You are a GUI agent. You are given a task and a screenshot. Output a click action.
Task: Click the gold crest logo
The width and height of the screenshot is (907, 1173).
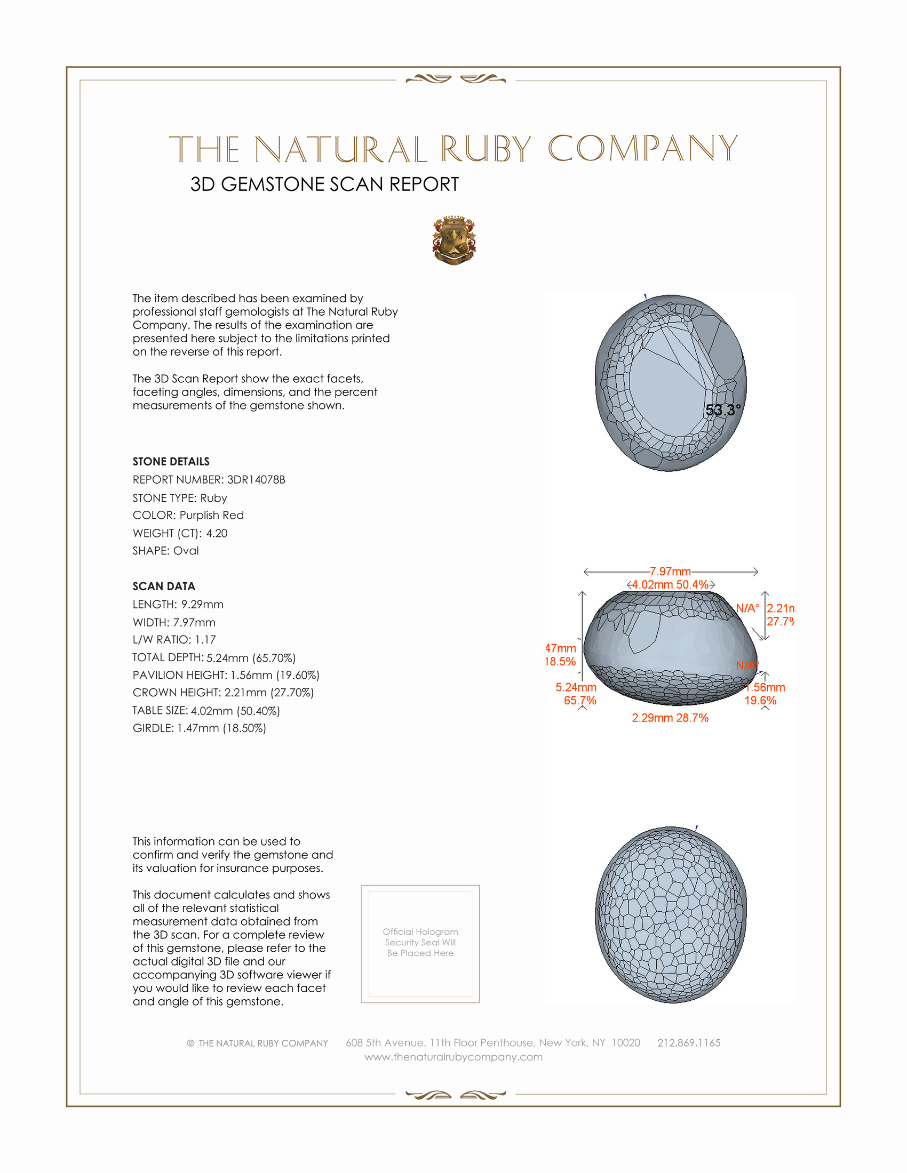click(454, 240)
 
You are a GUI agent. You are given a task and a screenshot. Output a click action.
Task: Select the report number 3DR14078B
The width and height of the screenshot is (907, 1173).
click(256, 480)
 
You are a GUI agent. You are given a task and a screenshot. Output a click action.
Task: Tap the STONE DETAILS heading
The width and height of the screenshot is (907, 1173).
click(171, 461)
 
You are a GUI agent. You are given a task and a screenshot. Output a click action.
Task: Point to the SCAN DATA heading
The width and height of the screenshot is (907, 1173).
click(164, 586)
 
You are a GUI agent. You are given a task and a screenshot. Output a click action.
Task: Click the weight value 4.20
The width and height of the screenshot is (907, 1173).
click(217, 533)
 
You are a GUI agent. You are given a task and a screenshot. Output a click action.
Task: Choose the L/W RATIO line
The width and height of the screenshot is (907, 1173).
click(174, 640)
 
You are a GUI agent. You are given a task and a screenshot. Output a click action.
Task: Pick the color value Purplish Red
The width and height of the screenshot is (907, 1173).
click(211, 515)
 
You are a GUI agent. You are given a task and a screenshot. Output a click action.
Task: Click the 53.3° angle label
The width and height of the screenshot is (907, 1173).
click(723, 411)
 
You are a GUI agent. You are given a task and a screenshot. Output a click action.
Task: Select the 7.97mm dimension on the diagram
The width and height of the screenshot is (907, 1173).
click(670, 572)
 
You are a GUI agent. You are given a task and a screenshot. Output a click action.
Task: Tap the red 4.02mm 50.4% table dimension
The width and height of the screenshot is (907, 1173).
click(670, 585)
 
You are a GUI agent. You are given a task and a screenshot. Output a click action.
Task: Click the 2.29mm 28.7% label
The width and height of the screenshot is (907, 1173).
click(670, 718)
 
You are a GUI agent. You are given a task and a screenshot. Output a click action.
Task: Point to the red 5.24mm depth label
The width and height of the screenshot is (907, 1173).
click(576, 687)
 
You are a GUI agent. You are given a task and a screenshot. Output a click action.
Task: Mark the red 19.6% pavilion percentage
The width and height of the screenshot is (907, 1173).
click(760, 701)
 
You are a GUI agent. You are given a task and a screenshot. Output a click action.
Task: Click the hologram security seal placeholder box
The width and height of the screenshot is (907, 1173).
click(420, 944)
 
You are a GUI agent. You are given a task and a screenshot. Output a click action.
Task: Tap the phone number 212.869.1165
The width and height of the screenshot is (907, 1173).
click(689, 1043)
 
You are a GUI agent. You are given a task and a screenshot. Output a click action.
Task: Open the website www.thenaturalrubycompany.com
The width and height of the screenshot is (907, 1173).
click(454, 1057)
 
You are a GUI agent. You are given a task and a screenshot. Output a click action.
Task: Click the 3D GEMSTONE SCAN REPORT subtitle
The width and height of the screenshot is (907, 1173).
click(324, 184)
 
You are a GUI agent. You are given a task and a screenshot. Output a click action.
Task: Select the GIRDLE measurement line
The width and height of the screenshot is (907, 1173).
click(200, 728)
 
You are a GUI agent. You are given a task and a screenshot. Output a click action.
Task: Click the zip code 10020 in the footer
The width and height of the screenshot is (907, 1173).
click(626, 1043)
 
